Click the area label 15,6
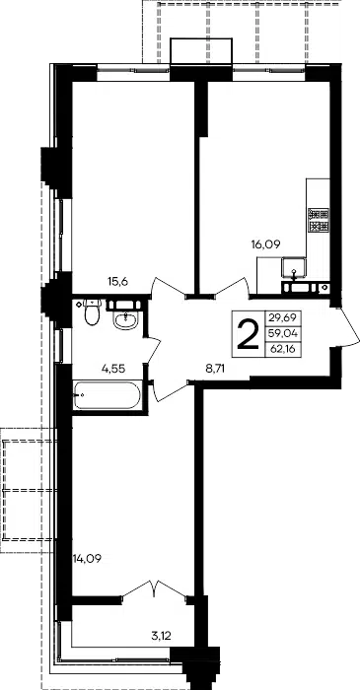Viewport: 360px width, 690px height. point(117,282)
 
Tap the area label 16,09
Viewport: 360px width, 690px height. point(266,244)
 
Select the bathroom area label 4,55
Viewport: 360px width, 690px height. point(113,369)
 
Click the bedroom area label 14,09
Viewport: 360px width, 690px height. point(87,559)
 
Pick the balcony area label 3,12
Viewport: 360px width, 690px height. point(161,635)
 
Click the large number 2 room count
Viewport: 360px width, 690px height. point(249,334)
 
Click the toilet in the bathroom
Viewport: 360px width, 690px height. point(92,312)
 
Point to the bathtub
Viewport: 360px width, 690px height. point(107,395)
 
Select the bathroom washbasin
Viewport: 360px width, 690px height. point(126,320)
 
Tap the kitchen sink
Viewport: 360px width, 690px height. point(294,268)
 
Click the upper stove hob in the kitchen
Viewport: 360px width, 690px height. point(319,214)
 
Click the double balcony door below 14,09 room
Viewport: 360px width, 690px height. point(155,589)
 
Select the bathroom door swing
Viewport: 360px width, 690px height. point(152,351)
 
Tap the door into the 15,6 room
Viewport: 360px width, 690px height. point(169,288)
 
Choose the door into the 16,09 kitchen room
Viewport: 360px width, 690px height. point(231,288)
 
